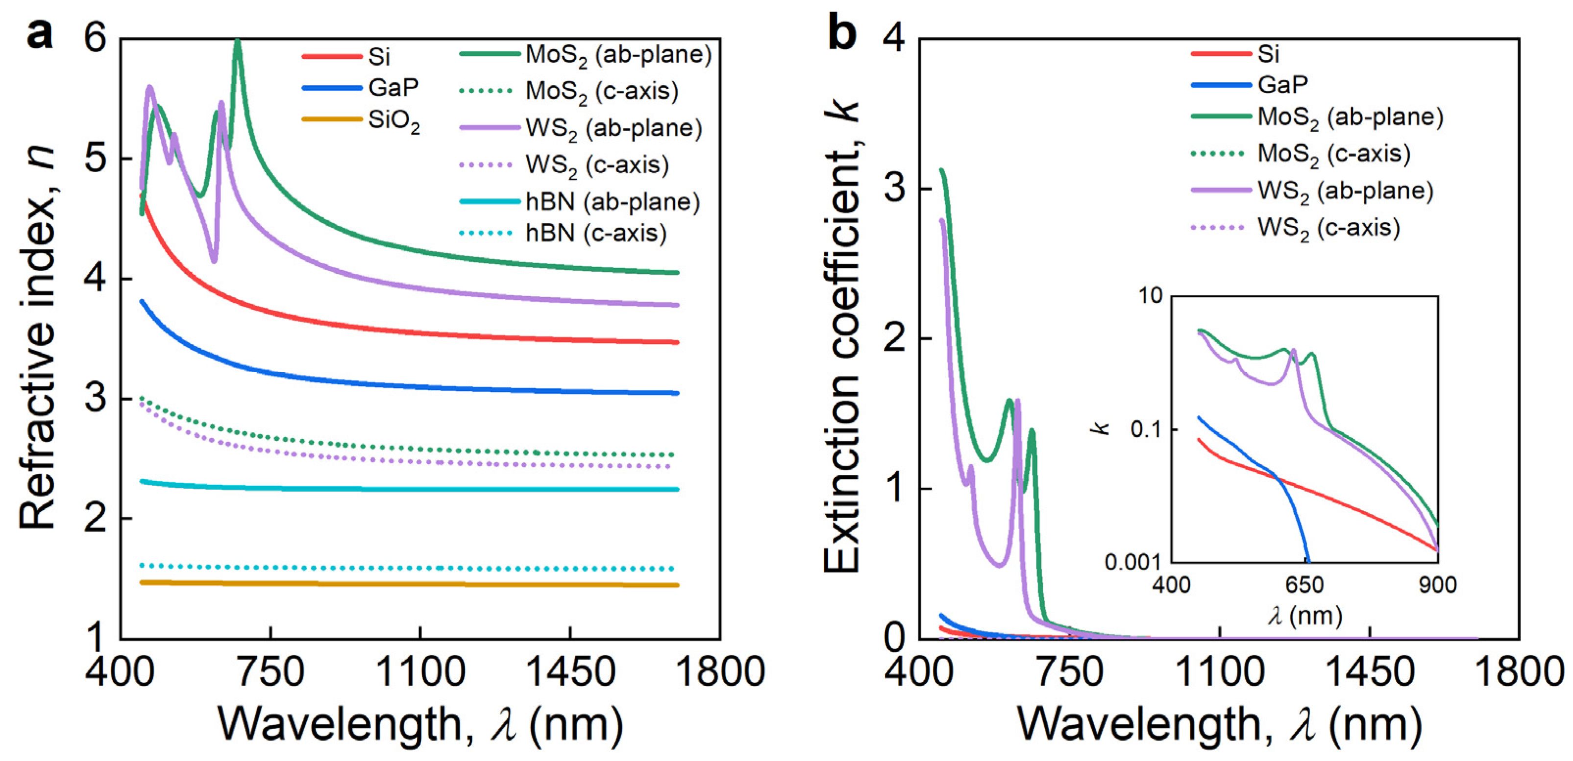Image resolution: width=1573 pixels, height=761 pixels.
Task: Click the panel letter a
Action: coord(40,34)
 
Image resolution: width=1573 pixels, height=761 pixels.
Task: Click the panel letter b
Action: coord(841,34)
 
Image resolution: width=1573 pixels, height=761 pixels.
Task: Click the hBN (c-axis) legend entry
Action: coord(595,233)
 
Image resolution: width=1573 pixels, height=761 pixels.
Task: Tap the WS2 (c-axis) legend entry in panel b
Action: coord(1328,228)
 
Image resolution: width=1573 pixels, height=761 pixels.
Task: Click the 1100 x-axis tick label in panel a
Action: coord(420,671)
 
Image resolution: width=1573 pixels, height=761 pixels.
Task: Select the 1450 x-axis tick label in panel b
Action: coord(1370,671)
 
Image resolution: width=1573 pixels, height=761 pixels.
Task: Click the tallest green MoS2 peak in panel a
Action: coord(238,43)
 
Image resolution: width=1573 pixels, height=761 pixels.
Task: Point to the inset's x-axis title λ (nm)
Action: coord(1305,617)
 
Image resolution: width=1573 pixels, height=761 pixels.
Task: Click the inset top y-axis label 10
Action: coord(1151,296)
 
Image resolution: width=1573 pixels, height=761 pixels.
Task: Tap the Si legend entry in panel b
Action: coord(1268,54)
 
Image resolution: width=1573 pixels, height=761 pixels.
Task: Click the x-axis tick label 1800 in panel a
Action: coord(720,671)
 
